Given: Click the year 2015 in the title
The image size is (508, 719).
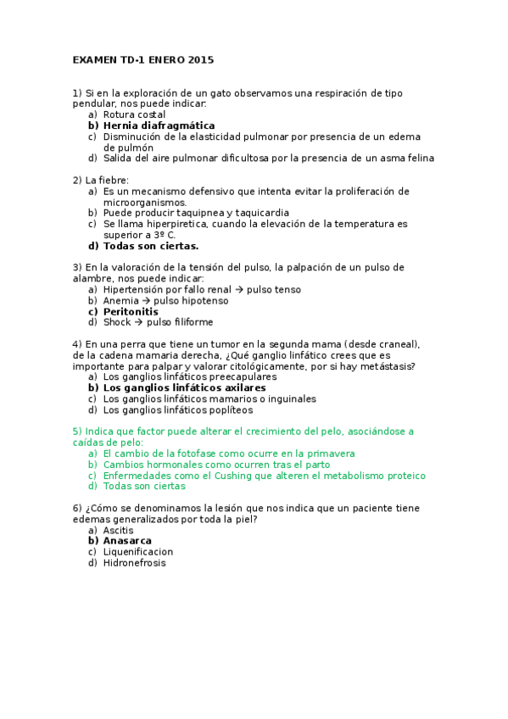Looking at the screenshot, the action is click(x=202, y=60).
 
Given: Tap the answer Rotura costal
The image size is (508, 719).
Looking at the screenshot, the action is click(x=134, y=114).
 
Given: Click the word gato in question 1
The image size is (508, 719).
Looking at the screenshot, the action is click(x=227, y=92).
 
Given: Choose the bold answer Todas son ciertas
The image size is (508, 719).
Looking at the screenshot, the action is click(x=151, y=246).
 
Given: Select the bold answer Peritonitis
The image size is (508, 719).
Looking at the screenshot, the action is click(x=131, y=311).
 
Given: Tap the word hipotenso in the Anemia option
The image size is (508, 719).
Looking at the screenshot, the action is click(x=203, y=300).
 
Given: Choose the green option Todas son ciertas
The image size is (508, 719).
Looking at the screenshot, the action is click(x=144, y=487).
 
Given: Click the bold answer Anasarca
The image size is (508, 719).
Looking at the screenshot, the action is click(x=127, y=541).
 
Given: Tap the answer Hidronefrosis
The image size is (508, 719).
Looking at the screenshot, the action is click(x=134, y=563).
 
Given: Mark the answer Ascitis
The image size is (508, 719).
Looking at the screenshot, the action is click(x=118, y=530).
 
